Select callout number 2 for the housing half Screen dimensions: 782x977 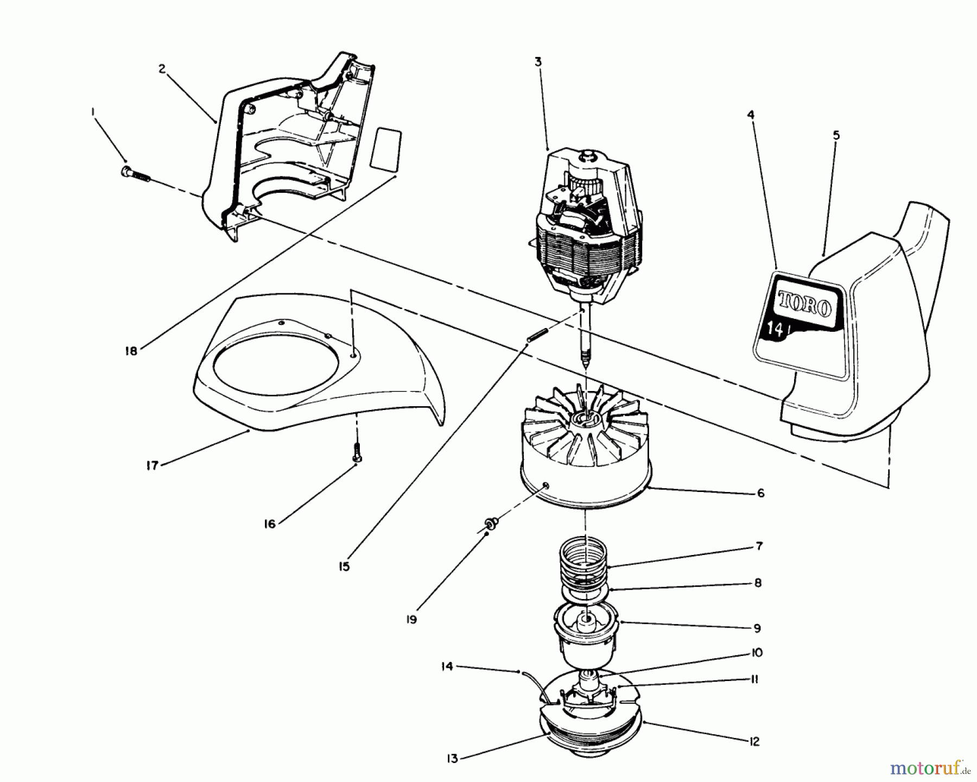coord(162,69)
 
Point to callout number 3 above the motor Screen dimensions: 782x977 coord(537,62)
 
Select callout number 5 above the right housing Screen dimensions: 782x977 coord(836,135)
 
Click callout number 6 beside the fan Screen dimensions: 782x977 coord(760,493)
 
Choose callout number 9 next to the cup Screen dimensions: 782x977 coord(757,628)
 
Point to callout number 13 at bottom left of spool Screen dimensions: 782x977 coord(453,759)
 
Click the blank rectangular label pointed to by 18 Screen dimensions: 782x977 coord(385,149)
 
